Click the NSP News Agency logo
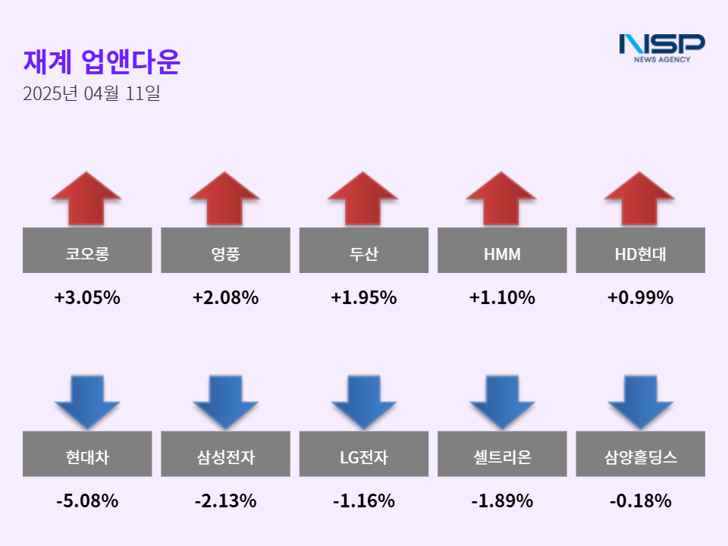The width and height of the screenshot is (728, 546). coord(662,47)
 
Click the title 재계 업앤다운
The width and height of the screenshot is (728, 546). coord(102,62)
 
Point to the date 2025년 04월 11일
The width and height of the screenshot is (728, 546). coord(92,95)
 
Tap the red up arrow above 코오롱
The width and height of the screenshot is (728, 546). coord(86,198)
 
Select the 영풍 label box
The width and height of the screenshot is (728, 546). coord(225,251)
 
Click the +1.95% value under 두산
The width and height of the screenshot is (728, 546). coord(363,298)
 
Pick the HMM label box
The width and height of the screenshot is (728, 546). coord(502,251)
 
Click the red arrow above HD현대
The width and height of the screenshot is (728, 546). coord(640,198)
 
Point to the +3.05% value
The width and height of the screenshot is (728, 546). coord(87,298)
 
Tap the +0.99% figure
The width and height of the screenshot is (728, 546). coord(640,298)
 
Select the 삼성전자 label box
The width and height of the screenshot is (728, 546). coord(225,454)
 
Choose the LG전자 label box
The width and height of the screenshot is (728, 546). coord(363,454)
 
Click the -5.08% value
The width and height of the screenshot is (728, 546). coord(87,501)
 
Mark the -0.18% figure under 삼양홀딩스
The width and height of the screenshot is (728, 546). coord(640,501)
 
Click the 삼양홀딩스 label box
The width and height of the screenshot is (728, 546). coord(640,454)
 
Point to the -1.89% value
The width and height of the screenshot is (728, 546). coord(502,501)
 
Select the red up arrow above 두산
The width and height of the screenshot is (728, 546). coord(363,198)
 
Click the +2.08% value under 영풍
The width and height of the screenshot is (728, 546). coord(225,298)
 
